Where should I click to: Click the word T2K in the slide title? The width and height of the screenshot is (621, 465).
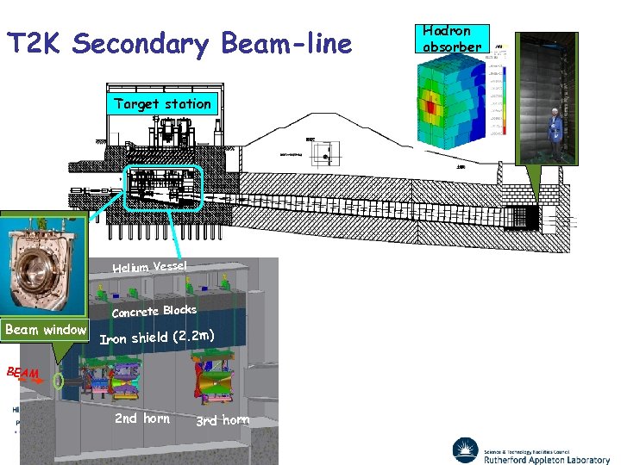pyautogui.click(x=34, y=44)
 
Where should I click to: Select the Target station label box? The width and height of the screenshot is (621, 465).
pyautogui.click(x=162, y=104)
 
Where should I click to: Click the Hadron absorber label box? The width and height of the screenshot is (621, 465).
pyautogui.click(x=452, y=39)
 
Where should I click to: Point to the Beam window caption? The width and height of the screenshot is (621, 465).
pyautogui.click(x=46, y=330)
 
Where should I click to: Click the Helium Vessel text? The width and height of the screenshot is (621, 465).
pyautogui.click(x=149, y=267)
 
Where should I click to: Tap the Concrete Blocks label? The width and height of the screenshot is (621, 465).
pyautogui.click(x=154, y=311)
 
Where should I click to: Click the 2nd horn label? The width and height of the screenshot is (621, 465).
pyautogui.click(x=142, y=418)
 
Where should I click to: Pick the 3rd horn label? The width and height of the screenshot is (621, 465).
pyautogui.click(x=222, y=420)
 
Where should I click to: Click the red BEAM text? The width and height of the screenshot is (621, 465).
pyautogui.click(x=22, y=373)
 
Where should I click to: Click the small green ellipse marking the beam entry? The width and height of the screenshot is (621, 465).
pyautogui.click(x=58, y=381)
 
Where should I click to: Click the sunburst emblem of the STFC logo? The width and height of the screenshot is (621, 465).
pyautogui.click(x=466, y=449)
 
